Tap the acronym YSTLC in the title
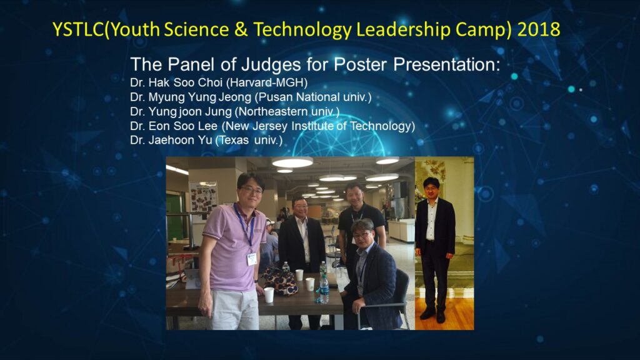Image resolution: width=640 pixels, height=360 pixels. coord(78,29)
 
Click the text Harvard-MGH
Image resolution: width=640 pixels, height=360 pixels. coord(267,82)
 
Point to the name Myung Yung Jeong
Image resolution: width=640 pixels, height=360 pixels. coord(199,97)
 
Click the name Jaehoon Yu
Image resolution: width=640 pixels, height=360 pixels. coord(180,140)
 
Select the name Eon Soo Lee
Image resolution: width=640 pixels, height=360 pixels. coord(182,126)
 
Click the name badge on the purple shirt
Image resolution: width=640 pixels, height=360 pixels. coord(252,259)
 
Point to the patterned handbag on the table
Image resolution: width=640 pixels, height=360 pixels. coord(281,280)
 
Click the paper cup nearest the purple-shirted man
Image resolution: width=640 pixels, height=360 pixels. coord(269,295)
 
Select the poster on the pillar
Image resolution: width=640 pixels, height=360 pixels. coord(203,197)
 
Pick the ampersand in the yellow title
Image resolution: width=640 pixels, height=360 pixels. coord(241,30)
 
